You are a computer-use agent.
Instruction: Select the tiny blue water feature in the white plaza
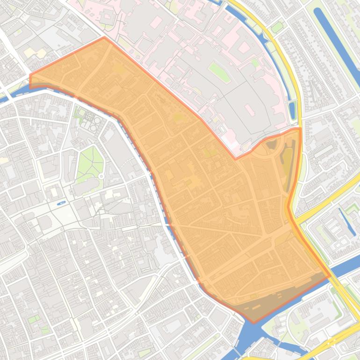click(61, 203)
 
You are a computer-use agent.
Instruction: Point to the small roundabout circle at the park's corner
click(101, 176)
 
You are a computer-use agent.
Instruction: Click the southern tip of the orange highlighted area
click(253, 322)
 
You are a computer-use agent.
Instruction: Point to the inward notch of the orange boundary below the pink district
click(236, 158)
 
